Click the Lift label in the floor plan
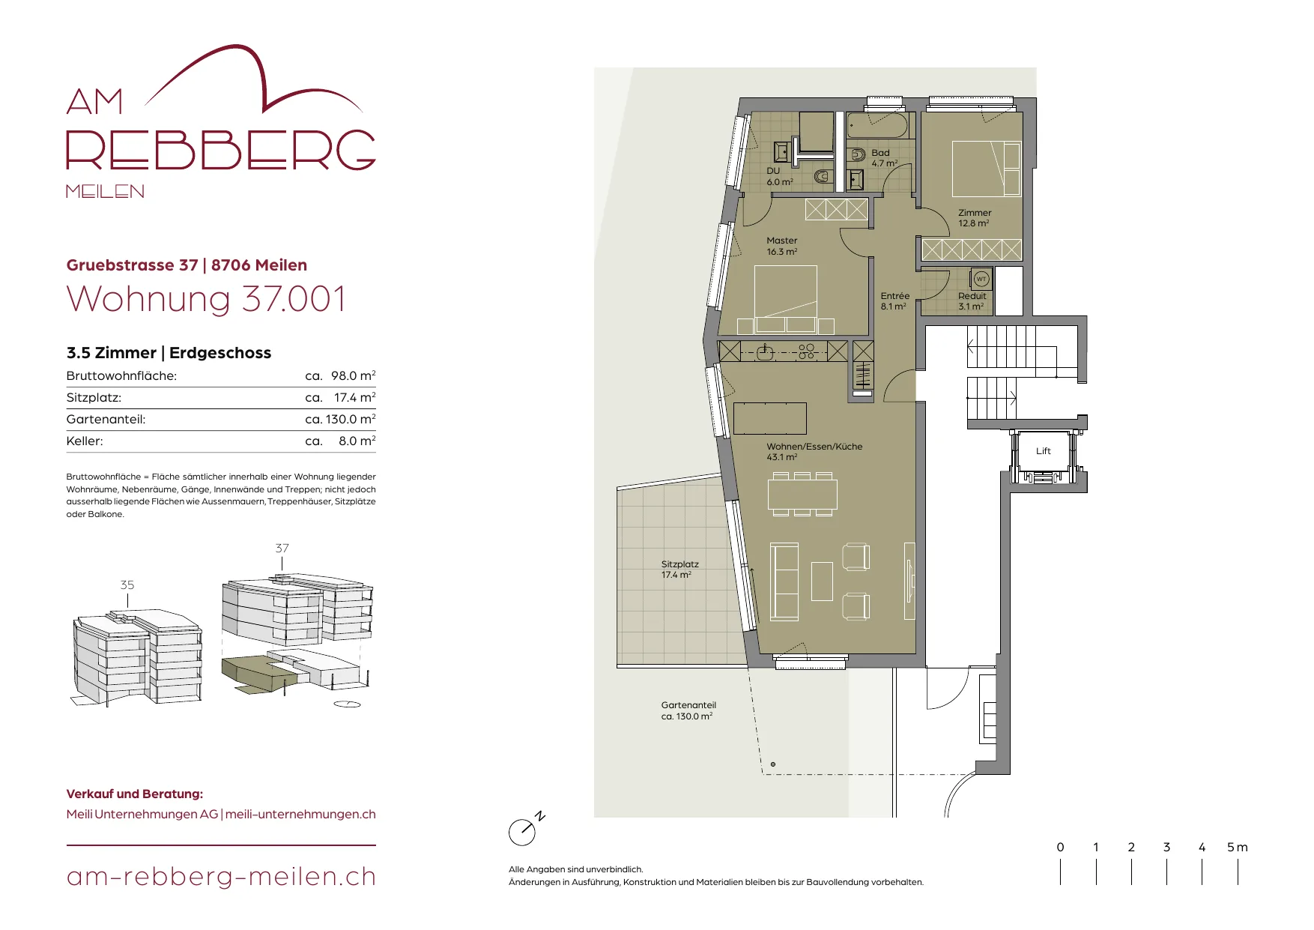click(1043, 451)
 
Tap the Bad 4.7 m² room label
click(884, 157)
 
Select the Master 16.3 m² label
click(781, 246)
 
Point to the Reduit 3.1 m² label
click(972, 301)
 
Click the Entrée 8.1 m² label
click(894, 301)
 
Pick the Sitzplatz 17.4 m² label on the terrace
click(679, 570)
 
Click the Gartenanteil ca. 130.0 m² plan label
click(688, 710)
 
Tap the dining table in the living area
click(802, 495)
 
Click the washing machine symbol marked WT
click(981, 280)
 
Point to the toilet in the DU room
click(823, 178)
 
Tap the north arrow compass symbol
click(525, 829)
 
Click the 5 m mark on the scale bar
click(1238, 848)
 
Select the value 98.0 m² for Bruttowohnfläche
click(353, 375)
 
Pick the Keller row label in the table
click(85, 441)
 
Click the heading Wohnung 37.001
click(206, 299)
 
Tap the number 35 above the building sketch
click(127, 585)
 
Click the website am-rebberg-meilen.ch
click(221, 877)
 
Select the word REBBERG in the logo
click(221, 150)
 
